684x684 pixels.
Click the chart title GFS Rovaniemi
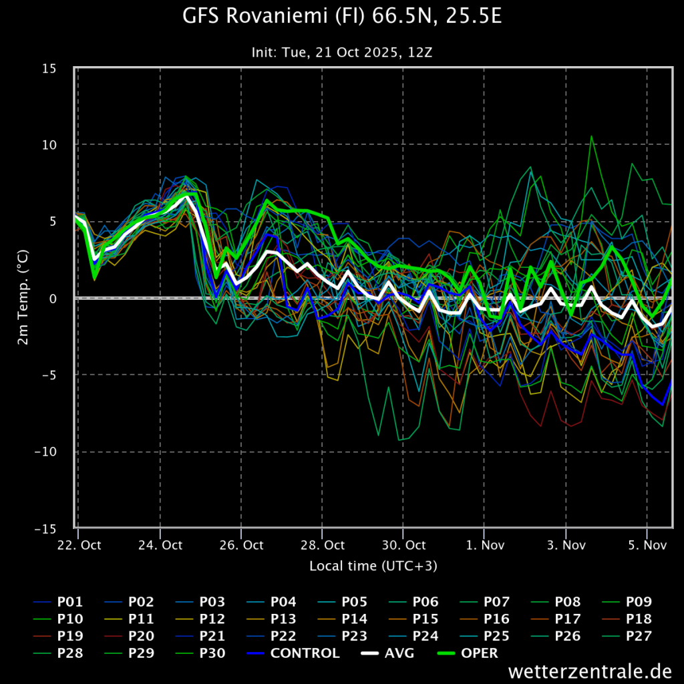[342, 17]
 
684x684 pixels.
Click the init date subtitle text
[342, 52]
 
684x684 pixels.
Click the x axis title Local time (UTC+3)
[373, 566]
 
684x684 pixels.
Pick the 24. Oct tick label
[160, 545]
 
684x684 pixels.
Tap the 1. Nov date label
[485, 545]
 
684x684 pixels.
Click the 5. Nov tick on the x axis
[647, 545]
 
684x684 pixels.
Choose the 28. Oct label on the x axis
[323, 545]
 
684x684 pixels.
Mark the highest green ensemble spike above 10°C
[591, 136]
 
